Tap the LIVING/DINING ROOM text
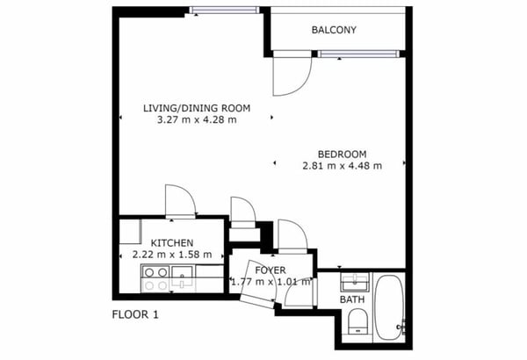197,108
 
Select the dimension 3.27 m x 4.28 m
197,120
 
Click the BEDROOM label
342,154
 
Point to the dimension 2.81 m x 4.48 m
342,165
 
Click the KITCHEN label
172,243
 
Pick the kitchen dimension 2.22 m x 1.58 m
167,255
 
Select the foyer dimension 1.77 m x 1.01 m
271,283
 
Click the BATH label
352,299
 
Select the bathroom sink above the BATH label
354,281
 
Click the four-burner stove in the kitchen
155,278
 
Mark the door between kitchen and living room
180,201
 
